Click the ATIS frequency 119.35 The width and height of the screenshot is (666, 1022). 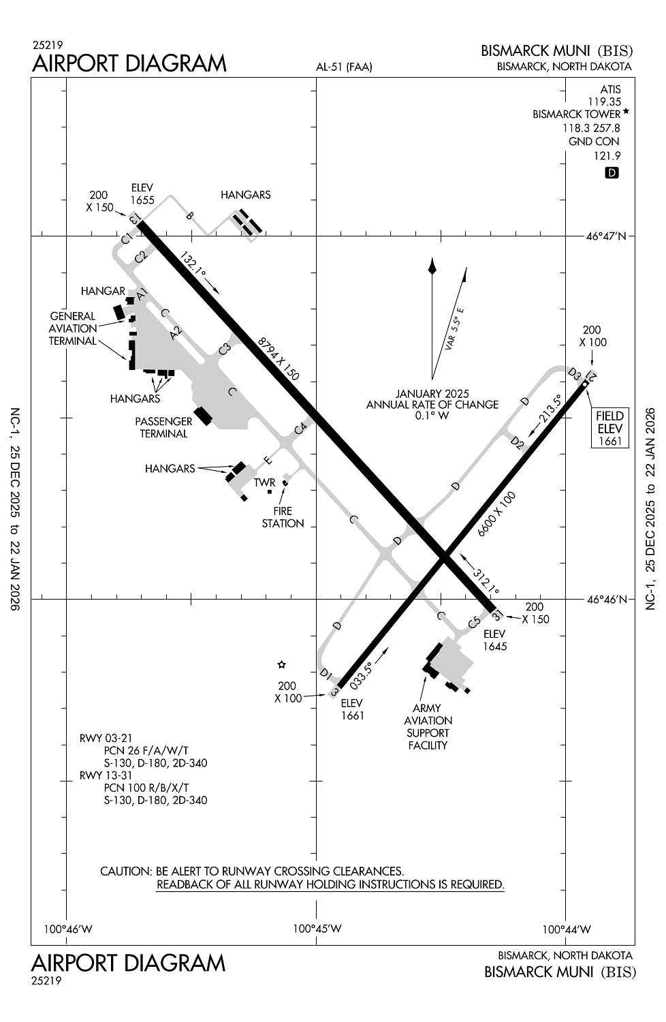(605, 102)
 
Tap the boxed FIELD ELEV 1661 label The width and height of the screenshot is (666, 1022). (609, 429)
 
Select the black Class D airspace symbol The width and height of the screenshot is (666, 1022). (612, 173)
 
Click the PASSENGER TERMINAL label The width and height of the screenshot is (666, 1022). (163, 427)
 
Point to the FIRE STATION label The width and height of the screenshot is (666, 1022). (283, 517)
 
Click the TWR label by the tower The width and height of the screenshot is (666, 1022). (264, 482)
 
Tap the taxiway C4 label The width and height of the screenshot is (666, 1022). (301, 428)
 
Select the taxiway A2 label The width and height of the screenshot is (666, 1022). (176, 333)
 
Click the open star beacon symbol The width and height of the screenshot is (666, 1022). (281, 664)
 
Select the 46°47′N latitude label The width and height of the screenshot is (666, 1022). (606, 236)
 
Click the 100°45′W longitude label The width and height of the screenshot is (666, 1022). (317, 929)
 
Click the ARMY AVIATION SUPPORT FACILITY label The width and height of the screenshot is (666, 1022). (428, 726)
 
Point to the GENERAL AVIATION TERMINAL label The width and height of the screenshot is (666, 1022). (72, 328)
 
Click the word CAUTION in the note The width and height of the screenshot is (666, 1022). (125, 871)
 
